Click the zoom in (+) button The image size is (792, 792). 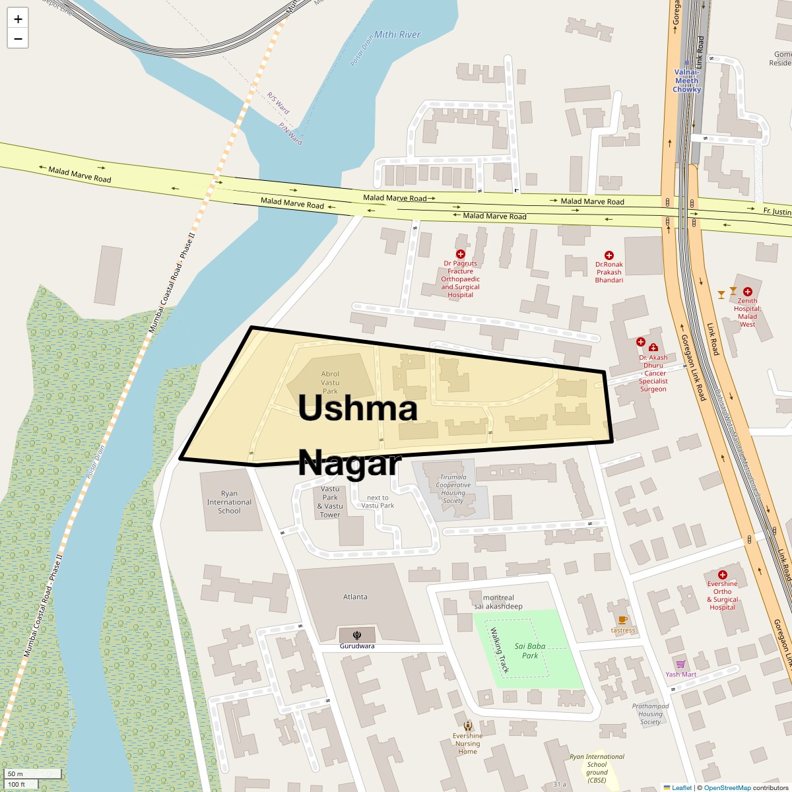(x=18, y=19)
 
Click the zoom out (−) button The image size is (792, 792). (x=18, y=39)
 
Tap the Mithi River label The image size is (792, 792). (x=397, y=34)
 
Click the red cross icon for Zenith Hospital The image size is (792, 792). (x=747, y=292)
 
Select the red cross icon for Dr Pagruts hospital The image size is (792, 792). (x=461, y=254)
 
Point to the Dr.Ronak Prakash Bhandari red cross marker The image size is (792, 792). (x=609, y=255)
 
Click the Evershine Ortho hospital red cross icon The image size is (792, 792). (x=722, y=575)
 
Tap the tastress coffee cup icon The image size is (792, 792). (x=622, y=620)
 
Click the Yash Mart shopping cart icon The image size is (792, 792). (x=680, y=664)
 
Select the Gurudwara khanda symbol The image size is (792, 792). (x=357, y=636)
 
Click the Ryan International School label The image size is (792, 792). (x=229, y=502)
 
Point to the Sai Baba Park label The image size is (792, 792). (x=530, y=651)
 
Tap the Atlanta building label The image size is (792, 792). (x=355, y=597)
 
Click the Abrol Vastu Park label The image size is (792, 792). (x=330, y=383)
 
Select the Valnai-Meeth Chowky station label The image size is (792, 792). (x=686, y=81)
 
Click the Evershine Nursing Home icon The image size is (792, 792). (x=468, y=726)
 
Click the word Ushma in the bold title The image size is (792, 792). (x=358, y=408)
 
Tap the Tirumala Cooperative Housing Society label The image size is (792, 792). (x=453, y=489)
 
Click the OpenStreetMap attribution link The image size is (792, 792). (x=727, y=787)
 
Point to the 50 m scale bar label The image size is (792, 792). (x=16, y=774)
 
